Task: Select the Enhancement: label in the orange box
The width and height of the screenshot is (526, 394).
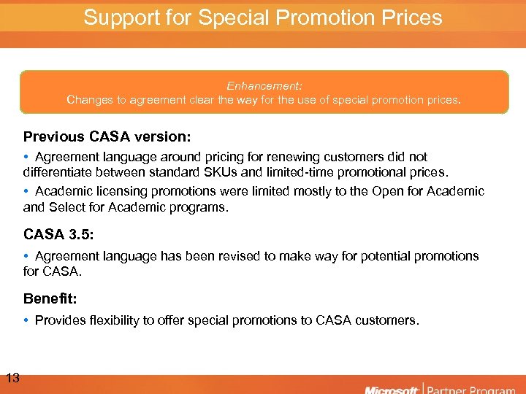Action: [x=264, y=85]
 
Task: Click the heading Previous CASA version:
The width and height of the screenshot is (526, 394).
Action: [x=107, y=136]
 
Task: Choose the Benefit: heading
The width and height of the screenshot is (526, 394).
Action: [x=50, y=298]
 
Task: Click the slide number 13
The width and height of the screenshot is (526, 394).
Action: [x=12, y=378]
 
